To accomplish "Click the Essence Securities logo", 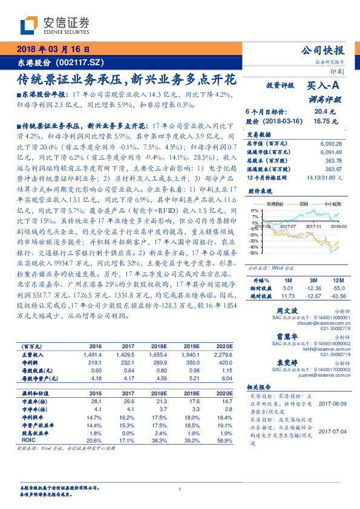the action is [54, 25].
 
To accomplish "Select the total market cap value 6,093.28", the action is [329, 143].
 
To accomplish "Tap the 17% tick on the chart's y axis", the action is [254, 210].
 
